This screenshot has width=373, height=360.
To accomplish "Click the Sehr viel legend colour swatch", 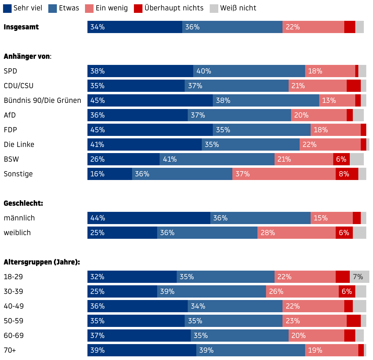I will [x=7, y=8].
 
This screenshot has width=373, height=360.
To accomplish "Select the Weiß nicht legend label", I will [x=238, y=8].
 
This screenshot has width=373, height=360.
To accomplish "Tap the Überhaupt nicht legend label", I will [x=174, y=8].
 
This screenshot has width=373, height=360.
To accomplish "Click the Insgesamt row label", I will [x=21, y=27].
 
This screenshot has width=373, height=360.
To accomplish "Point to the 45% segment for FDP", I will [x=150, y=130].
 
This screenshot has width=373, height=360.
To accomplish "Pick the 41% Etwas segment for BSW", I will [x=217, y=159].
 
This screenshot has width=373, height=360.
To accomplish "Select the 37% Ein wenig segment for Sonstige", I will [x=284, y=174].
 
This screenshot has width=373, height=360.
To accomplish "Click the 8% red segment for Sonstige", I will [x=347, y=174].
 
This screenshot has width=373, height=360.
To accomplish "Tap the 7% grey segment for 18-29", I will [x=360, y=277].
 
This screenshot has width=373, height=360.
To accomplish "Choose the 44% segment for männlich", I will [x=149, y=218].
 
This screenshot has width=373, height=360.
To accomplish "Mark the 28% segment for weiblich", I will [x=297, y=233].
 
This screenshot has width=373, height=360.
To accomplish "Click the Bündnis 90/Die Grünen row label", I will [x=42, y=100].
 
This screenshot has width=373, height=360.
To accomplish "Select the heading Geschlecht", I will [x=23, y=203].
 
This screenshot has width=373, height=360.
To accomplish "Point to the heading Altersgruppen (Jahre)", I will [x=42, y=262].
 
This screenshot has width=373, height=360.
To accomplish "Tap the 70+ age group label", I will [x=10, y=350].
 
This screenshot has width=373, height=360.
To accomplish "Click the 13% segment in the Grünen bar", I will [x=337, y=100].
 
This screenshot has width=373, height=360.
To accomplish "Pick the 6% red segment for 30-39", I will [x=347, y=291].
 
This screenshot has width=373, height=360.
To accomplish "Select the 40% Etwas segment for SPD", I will [x=249, y=71].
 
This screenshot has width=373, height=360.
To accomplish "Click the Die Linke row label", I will [x=19, y=144].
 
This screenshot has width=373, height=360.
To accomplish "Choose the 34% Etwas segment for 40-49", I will [x=235, y=306].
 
